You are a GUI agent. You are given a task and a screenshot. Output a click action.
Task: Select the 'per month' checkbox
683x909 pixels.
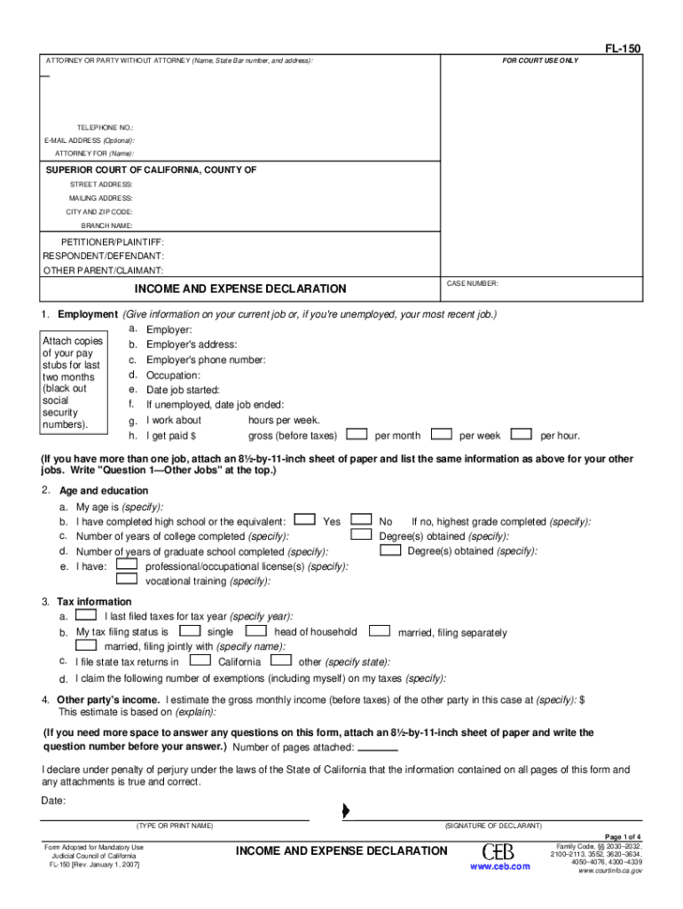coord(357,435)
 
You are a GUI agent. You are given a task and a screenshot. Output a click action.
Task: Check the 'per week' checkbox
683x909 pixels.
coord(439,435)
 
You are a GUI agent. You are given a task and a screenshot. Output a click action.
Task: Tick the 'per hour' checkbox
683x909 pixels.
coord(523,435)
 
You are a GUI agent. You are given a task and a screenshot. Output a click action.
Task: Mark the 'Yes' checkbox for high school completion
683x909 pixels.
coord(303,520)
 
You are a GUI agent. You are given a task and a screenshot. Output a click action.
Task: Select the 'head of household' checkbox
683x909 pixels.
coord(256,631)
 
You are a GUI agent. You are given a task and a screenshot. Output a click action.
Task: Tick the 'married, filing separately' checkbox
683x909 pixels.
coord(380,631)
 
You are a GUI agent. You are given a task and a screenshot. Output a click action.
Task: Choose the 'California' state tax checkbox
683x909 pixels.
coord(200,660)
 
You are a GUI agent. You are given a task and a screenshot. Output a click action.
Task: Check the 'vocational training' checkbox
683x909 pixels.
coord(127,580)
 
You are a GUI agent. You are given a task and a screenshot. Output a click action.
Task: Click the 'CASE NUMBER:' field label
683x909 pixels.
coord(472,283)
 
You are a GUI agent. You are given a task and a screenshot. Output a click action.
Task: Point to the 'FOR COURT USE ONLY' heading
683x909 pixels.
coord(540,60)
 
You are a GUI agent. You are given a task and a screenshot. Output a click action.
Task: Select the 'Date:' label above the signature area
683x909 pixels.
coord(53,801)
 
